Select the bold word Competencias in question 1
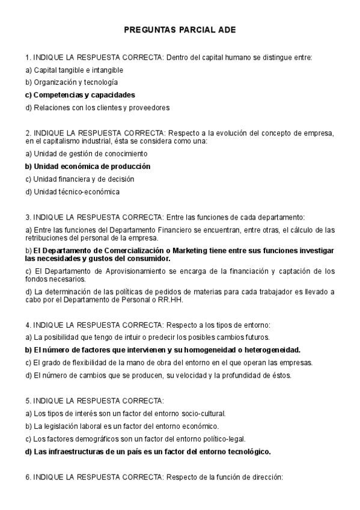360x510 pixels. click(x=56, y=95)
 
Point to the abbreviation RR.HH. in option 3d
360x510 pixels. click(x=169, y=300)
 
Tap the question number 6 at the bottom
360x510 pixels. click(x=27, y=477)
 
